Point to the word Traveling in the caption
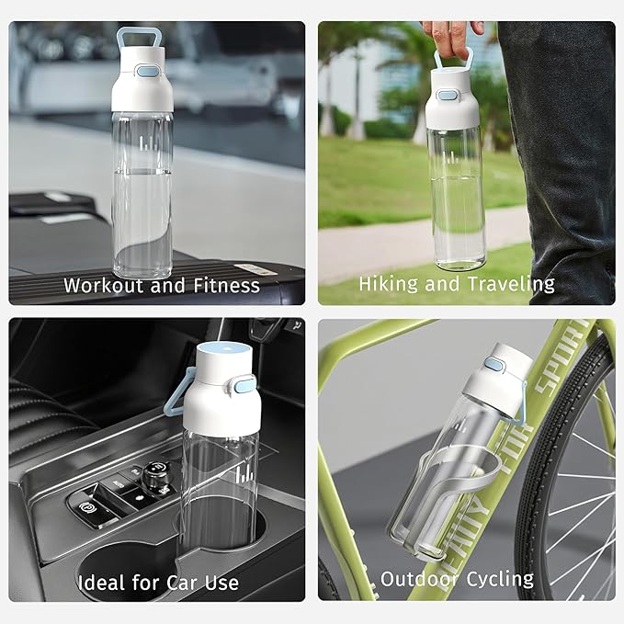(511, 284)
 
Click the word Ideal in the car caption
(100, 583)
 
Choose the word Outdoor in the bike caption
(418, 579)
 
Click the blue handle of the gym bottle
(136, 40)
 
